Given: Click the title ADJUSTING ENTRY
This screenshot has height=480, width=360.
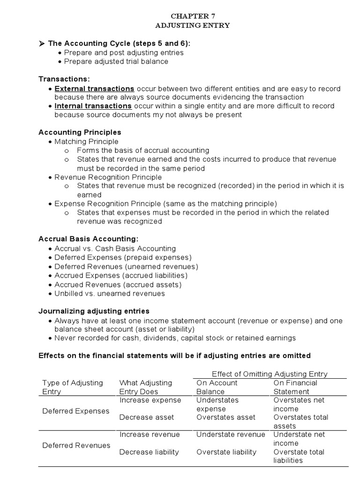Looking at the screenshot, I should pos(193,25).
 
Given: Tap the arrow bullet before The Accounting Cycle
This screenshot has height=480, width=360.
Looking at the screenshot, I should pos(41,44).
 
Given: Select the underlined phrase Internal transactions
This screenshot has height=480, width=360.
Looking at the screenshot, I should pos(93,106).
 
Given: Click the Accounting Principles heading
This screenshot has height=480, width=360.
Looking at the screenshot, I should pos(80,132).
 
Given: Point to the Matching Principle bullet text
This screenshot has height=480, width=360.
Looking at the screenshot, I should pos(86,142).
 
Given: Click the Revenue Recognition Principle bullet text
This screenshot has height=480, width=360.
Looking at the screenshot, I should pos(108,177).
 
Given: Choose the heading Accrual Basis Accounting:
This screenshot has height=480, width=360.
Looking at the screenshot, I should pos(88,239).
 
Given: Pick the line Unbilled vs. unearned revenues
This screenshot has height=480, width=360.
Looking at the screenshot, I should pos(110,293).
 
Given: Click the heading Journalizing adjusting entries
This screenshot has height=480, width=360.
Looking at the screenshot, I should pos(94,311).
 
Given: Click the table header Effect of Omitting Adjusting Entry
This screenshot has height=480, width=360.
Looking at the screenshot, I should pos(270,374).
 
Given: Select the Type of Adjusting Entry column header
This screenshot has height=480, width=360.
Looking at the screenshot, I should pos(73,387).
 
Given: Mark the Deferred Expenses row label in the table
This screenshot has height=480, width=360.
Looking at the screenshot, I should pos(75,411).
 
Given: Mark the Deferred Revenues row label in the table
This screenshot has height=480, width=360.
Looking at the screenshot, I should pos(76,445).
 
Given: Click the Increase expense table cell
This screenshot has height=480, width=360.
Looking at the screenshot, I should pos(150,400).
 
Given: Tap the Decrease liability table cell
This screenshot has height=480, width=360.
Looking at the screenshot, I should pos(149,452).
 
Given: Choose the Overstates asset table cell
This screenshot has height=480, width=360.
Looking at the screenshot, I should pos(226,417).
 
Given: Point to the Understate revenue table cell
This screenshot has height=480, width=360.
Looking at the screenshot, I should pos(231,435).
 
